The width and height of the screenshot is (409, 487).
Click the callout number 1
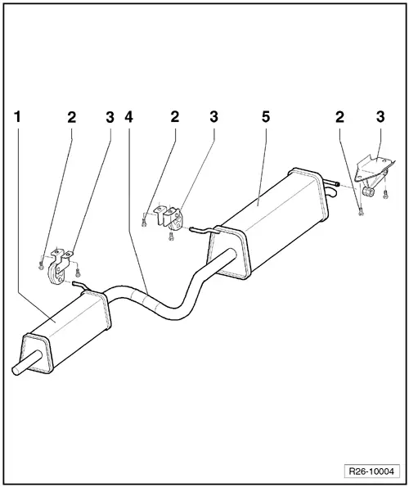[x=17, y=117]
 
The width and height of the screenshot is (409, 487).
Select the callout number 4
[x=128, y=117]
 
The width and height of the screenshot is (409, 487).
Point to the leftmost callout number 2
[x=71, y=117]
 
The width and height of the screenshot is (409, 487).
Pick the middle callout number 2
[x=174, y=117]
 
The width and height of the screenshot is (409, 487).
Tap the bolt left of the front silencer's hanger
[x=41, y=264]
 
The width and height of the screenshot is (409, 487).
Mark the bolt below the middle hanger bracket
[x=169, y=237]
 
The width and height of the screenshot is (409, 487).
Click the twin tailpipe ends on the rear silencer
[x=331, y=189]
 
